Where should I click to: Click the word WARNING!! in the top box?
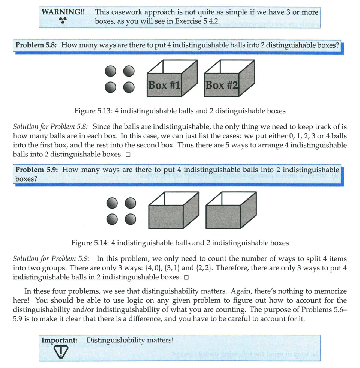tap(63, 12)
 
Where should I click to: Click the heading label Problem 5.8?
tap(36, 45)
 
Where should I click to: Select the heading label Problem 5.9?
tap(36, 170)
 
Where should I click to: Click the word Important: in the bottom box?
tap(59, 341)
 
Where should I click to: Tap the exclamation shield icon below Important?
tap(60, 351)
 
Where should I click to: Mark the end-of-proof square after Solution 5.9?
tap(186, 278)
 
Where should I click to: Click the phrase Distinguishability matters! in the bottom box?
tap(130, 341)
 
